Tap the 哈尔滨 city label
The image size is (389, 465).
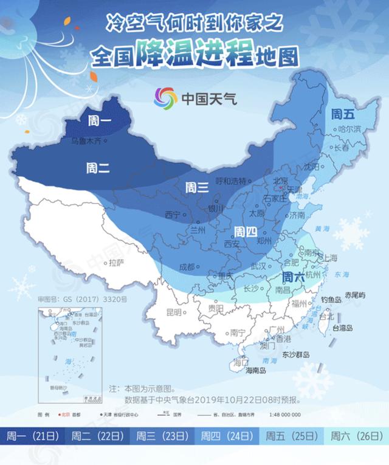[x=349, y=129]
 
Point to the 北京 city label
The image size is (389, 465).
[x=280, y=181]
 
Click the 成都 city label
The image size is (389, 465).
[x=187, y=267]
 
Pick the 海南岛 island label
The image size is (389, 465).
[x=239, y=370]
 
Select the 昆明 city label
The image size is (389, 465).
[x=174, y=312]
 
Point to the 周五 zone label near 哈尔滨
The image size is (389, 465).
[x=343, y=113]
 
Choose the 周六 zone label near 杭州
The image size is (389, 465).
[x=295, y=275]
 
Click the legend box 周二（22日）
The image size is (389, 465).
[x=97, y=436]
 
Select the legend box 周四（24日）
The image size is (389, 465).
[x=227, y=436]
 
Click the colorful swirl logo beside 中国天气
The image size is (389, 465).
[x=165, y=97]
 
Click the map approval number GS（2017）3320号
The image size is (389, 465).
[x=82, y=300]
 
